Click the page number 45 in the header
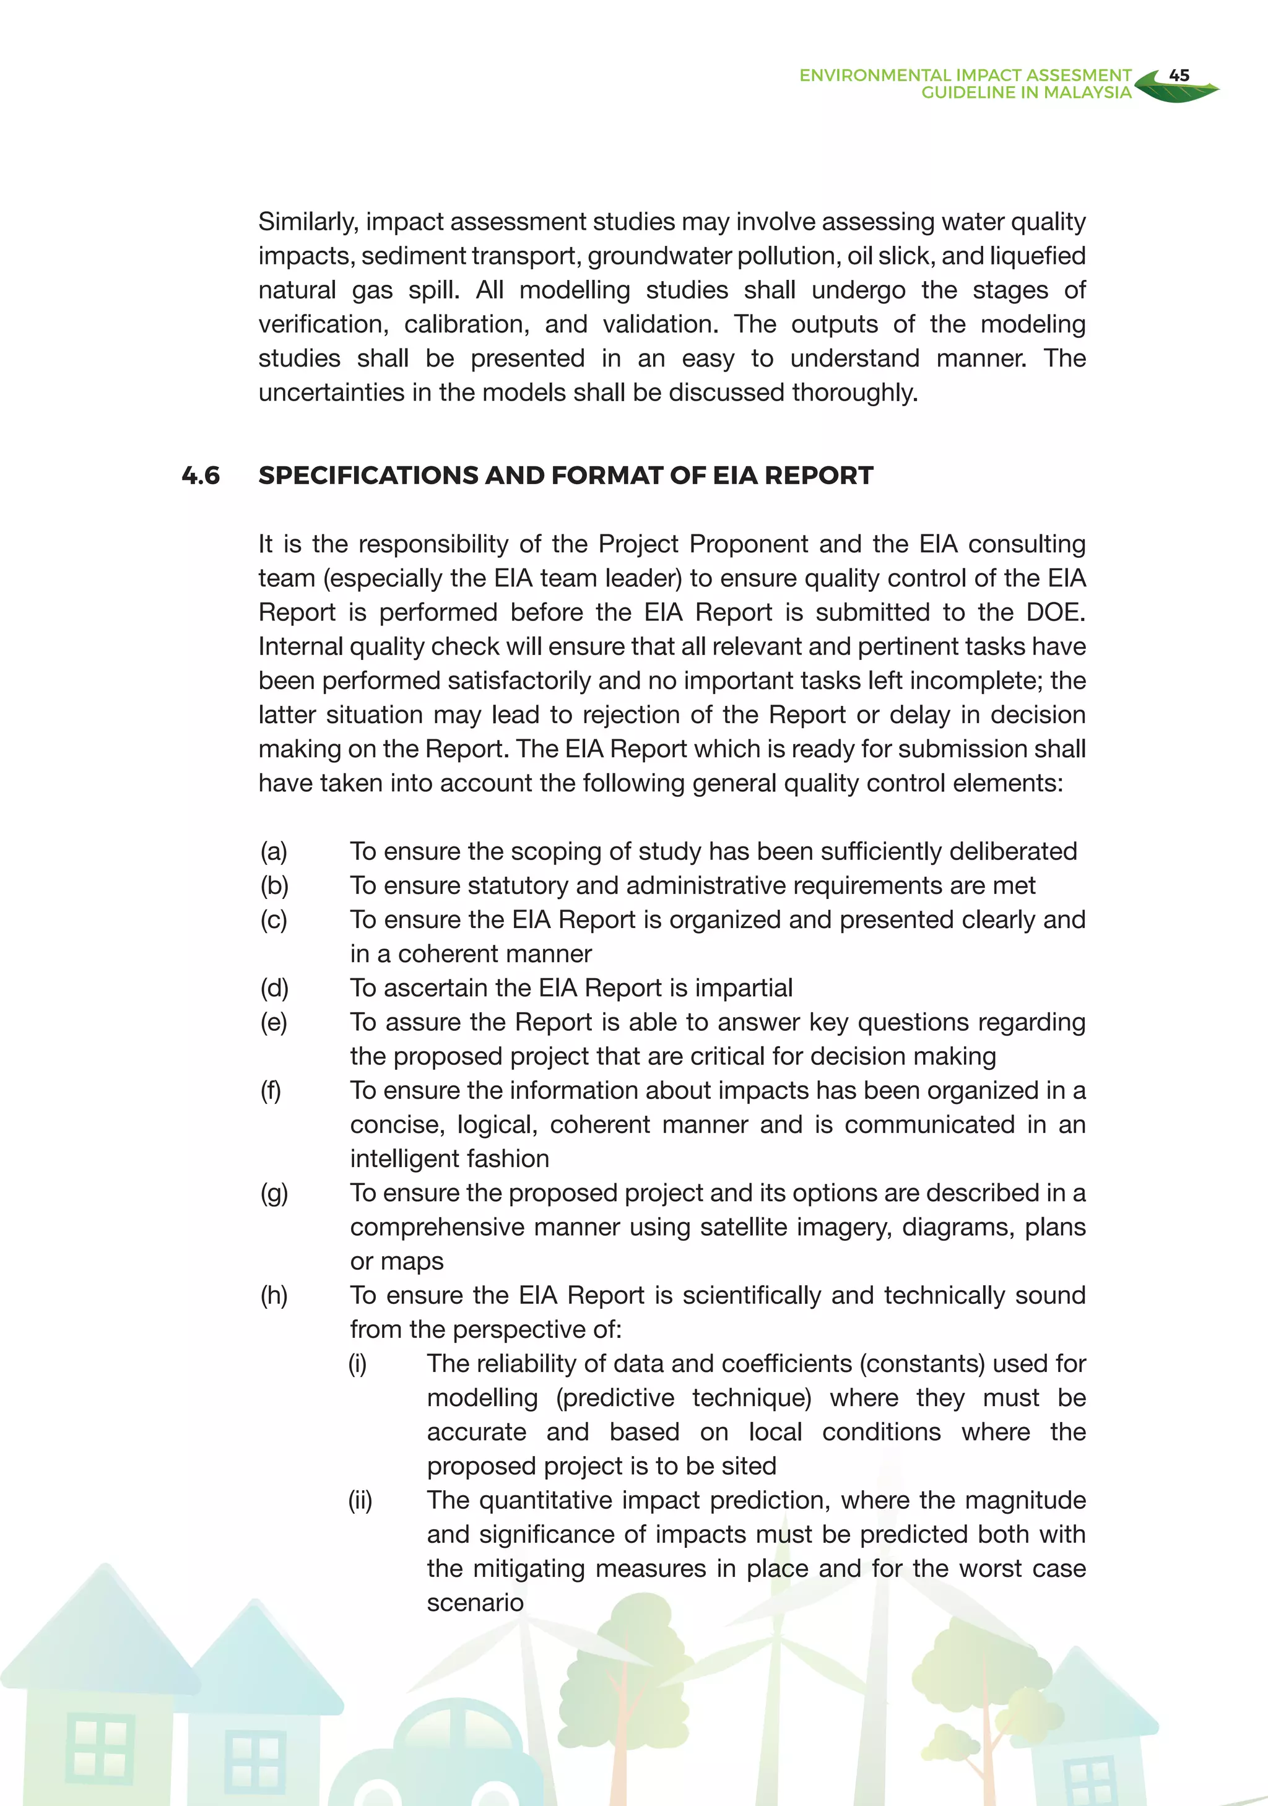click(x=1178, y=76)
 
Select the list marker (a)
click(x=274, y=851)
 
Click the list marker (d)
click(x=274, y=988)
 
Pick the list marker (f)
click(x=271, y=1090)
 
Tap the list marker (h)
click(x=274, y=1295)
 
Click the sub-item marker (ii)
click(x=360, y=1501)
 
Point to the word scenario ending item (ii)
click(x=475, y=1603)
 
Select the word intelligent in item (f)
click(x=407, y=1158)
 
